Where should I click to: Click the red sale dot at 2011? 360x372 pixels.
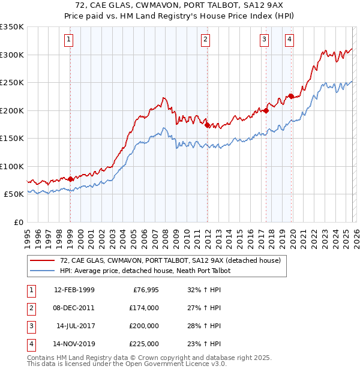click(207, 125)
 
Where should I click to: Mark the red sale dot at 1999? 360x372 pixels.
click(70, 179)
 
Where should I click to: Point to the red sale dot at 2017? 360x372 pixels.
click(266, 110)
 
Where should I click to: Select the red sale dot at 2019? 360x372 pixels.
click(291, 96)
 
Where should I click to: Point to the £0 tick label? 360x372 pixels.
click(18, 222)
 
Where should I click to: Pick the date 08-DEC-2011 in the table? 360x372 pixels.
click(74, 308)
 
